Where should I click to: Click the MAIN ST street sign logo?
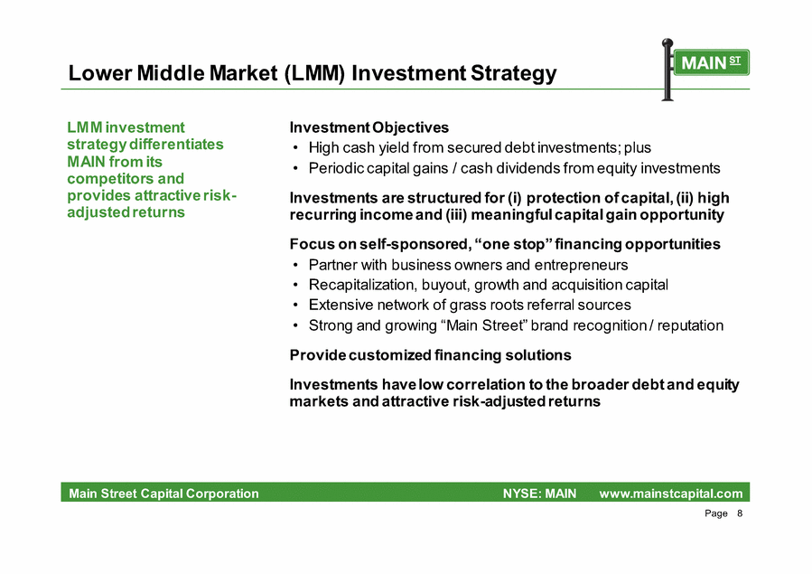(x=705, y=70)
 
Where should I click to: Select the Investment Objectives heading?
(x=369, y=127)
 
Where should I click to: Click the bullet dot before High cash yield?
(x=295, y=148)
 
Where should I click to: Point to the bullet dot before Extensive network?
(x=295, y=306)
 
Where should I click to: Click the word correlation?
(x=485, y=384)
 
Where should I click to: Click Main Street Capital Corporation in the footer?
(x=163, y=494)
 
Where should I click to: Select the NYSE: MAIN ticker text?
(x=539, y=494)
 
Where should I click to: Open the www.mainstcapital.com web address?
(x=671, y=494)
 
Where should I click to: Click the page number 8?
(x=740, y=513)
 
